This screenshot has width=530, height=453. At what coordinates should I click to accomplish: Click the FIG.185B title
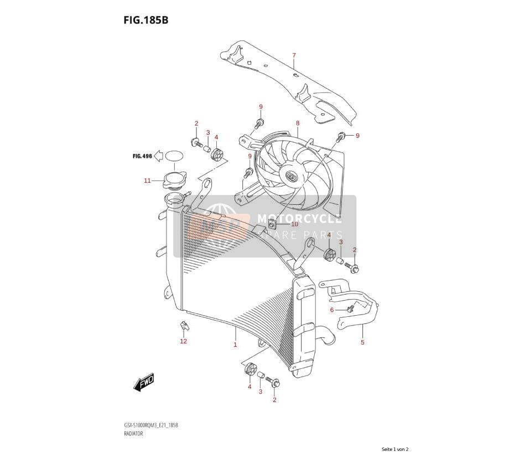146,20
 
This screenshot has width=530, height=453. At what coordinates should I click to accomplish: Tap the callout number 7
294,55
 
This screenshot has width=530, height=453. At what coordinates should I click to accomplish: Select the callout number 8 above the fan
298,123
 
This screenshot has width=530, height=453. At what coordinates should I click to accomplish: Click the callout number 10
295,224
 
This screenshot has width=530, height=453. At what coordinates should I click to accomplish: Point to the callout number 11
147,181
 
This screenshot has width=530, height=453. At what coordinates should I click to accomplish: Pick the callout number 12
183,341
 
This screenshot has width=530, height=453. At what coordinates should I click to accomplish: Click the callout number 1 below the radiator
235,345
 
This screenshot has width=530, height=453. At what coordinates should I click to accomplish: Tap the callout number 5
362,342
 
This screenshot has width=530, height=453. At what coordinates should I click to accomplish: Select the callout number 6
332,310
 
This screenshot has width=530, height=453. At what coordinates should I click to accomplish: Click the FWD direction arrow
144,383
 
